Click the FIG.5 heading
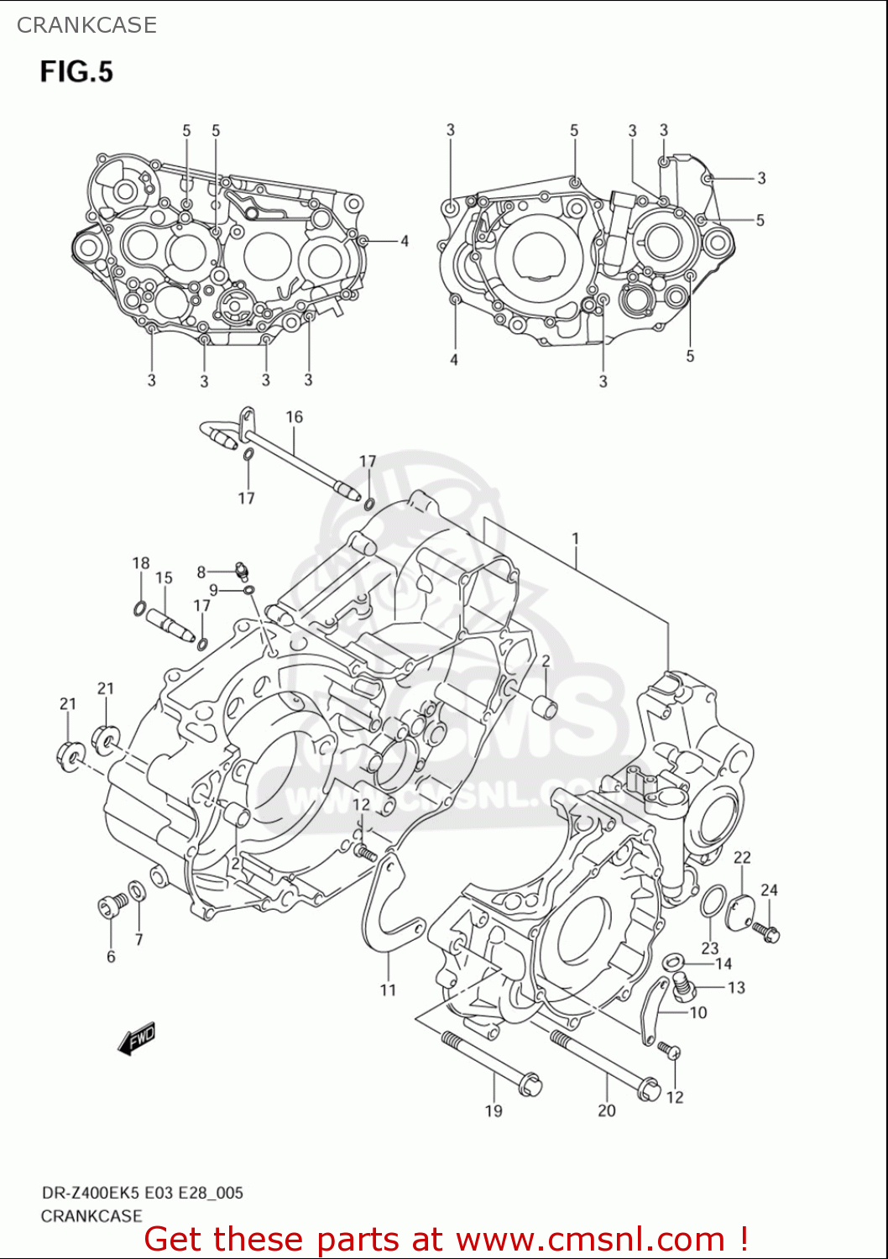(76, 72)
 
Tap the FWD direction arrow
(137, 1038)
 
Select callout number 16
(294, 417)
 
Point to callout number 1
(576, 539)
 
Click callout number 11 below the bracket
(388, 990)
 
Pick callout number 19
(494, 1111)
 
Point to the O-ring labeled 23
(711, 901)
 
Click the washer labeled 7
(136, 890)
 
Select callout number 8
(201, 572)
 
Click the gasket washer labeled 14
(673, 961)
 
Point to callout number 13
(736, 988)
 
